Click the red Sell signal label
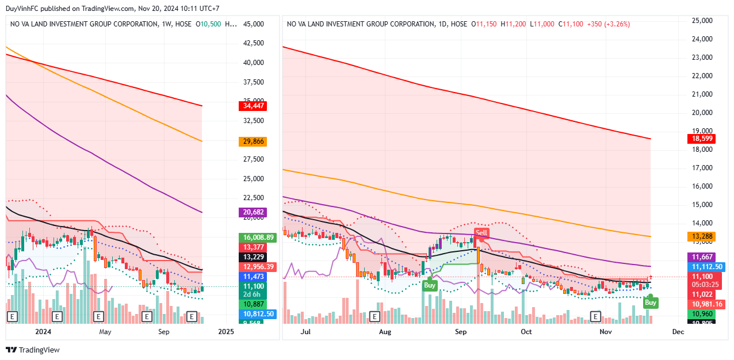[481, 233]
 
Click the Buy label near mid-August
[430, 285]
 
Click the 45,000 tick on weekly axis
[254, 24]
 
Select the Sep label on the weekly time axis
[163, 332]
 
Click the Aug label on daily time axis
[385, 332]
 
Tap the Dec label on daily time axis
[678, 332]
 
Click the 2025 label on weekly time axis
[226, 332]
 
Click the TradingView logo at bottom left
[33, 350]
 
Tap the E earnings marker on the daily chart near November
[596, 316]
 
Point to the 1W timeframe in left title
[166, 24]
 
